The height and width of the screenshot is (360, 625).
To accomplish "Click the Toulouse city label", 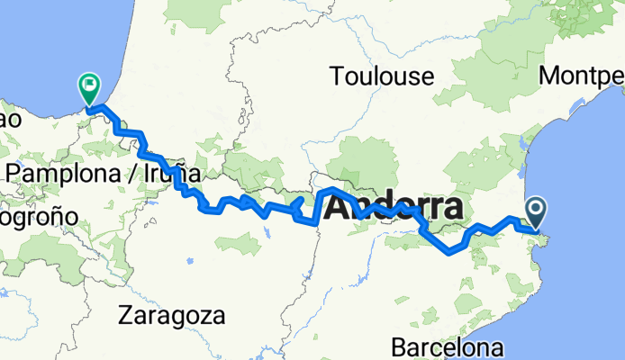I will [381, 77].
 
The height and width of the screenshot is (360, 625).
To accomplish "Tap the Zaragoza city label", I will [171, 316].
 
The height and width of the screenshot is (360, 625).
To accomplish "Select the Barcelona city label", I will [446, 346].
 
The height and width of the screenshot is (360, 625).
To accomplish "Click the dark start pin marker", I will [536, 213].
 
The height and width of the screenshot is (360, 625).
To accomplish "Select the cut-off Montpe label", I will [581, 77].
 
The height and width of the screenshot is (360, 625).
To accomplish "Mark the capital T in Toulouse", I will [337, 77].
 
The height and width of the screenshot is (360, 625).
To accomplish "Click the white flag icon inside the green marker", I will [90, 86].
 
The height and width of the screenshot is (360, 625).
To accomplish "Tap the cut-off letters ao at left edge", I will [10, 118].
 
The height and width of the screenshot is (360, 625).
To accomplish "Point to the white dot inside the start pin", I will [536, 210].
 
